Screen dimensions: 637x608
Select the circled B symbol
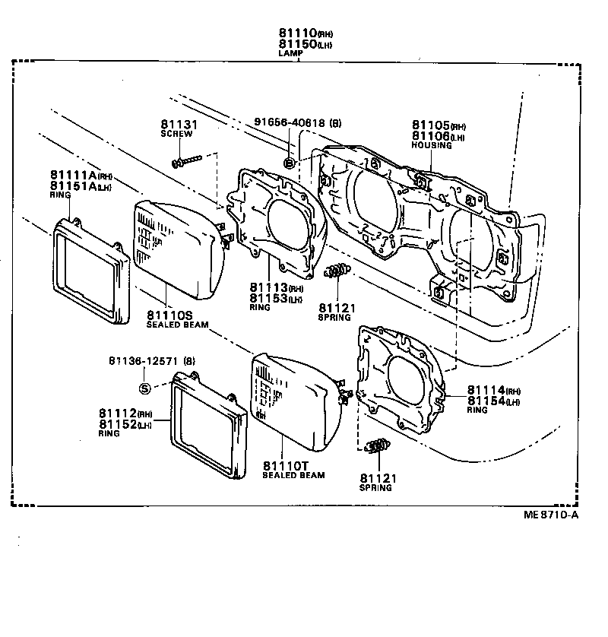pos(289,163)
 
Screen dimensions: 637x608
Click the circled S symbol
pos(145,388)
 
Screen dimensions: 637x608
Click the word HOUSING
pos(431,145)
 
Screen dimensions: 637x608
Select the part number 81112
pos(117,414)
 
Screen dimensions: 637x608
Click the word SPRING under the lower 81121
pos(375,487)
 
